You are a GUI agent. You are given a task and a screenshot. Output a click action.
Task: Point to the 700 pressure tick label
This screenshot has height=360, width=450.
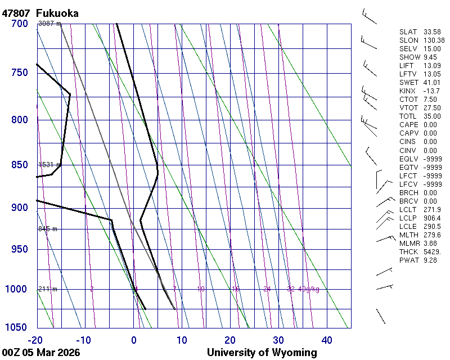(x=19, y=24)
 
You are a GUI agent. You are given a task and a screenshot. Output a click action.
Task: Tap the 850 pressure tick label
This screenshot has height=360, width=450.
(x=19, y=165)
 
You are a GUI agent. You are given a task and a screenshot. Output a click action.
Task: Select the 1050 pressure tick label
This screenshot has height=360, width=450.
(x=16, y=328)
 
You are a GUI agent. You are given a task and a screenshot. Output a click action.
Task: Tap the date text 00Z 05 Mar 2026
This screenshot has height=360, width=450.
(x=41, y=353)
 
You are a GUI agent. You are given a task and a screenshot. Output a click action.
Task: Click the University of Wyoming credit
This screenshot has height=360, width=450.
(x=262, y=353)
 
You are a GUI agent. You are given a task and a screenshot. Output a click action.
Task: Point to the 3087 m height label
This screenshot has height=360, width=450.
(x=49, y=24)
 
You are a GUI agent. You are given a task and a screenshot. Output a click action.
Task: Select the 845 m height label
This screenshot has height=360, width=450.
(x=48, y=229)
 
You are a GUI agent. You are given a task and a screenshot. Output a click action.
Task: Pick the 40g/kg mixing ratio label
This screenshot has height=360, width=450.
(x=309, y=289)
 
